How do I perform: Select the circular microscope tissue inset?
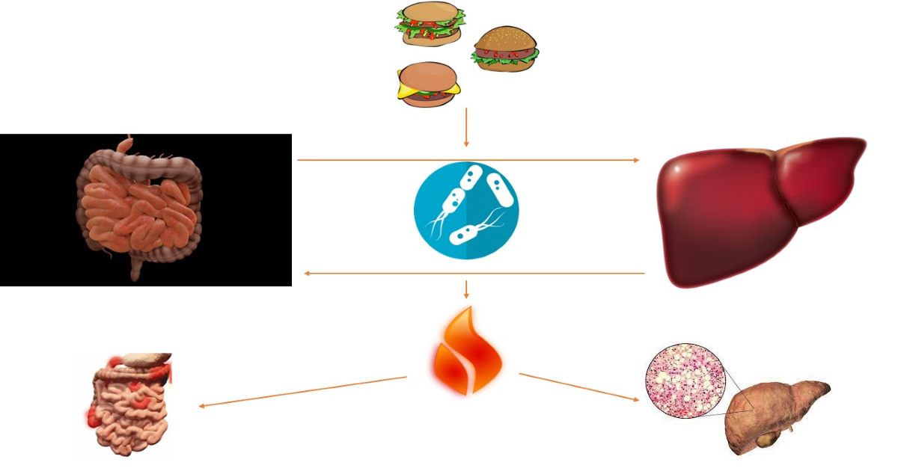pyautogui.click(x=685, y=380)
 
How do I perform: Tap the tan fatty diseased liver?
pyautogui.click(x=778, y=415)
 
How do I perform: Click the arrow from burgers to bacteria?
pyautogui.click(x=466, y=127)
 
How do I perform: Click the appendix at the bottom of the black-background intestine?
pyautogui.click(x=135, y=270)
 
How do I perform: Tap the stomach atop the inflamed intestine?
pyautogui.click(x=146, y=360)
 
